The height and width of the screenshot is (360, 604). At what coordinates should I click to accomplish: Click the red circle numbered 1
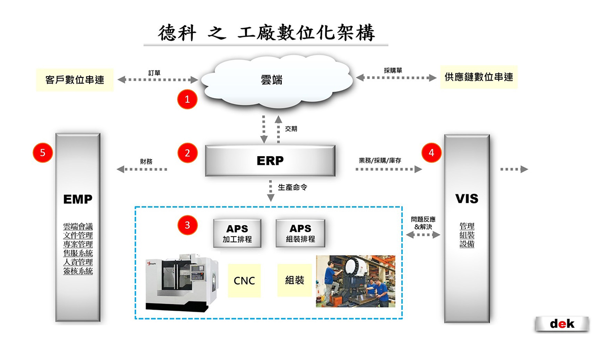tap(187, 99)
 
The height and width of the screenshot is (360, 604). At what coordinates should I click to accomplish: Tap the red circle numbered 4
tap(431, 153)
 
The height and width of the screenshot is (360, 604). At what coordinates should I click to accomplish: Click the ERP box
tap(270, 161)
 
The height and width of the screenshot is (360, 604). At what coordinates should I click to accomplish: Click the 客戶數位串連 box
tap(75, 79)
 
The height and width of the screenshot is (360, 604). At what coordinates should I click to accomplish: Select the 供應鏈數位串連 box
tap(479, 77)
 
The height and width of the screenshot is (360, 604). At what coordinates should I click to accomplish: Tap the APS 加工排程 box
tap(237, 233)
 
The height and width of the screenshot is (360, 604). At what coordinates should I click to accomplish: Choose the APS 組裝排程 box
tap(300, 233)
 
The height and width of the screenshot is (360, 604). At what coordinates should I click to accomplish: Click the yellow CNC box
tap(244, 280)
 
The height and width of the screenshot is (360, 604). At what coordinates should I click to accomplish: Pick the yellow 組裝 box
tap(294, 280)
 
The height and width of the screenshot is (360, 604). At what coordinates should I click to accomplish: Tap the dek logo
tap(562, 324)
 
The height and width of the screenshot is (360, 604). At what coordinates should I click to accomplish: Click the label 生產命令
tap(293, 186)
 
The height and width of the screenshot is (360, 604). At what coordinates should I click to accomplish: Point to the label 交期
tap(291, 128)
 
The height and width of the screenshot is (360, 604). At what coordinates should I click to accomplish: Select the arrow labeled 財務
tap(142, 169)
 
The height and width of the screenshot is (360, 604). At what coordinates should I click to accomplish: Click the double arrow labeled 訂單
tap(158, 80)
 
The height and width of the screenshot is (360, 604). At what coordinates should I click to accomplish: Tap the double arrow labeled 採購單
tap(396, 78)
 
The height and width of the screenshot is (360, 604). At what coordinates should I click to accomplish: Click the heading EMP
tap(78, 199)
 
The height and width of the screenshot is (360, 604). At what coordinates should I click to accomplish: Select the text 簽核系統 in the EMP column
tap(78, 271)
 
